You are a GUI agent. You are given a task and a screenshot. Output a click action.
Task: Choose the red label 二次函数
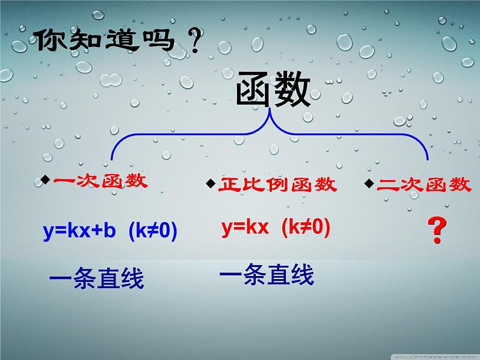tap(424, 184)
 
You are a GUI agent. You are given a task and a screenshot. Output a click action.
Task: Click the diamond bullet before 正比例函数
tap(210, 182)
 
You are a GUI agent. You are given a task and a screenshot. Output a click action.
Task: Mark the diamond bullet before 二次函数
tap(369, 182)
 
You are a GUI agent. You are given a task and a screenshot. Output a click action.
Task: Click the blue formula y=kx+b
tap(79, 233)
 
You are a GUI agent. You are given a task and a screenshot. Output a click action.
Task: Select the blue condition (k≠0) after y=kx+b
tap(154, 233)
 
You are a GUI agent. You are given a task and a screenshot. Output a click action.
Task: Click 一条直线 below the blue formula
tap(96, 280)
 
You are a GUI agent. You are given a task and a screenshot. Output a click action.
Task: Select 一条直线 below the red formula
tap(267, 276)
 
